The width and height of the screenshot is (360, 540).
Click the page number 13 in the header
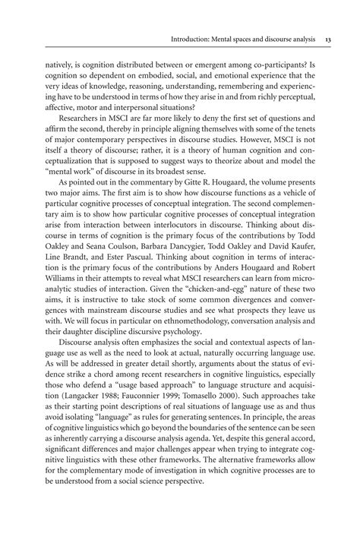pyautogui.click(x=327, y=40)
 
